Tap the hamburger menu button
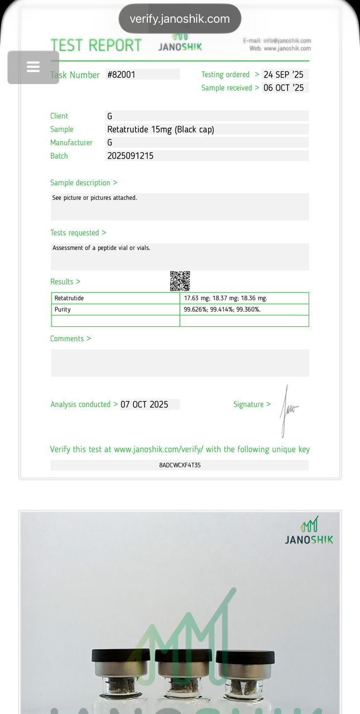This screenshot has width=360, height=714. [x=33, y=67]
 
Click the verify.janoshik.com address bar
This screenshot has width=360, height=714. [x=180, y=19]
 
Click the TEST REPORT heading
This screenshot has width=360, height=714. [x=96, y=45]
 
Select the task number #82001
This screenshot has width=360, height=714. [x=121, y=75]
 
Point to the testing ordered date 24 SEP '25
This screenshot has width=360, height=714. [x=284, y=75]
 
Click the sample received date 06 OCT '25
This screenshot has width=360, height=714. [x=284, y=88]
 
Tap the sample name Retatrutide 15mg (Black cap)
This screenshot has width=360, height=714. [x=161, y=129]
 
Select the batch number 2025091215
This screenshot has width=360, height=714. [x=130, y=156]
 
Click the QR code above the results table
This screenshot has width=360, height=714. [x=180, y=281]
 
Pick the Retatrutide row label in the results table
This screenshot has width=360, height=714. [x=69, y=298]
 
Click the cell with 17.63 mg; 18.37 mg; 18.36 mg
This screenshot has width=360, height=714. [x=225, y=298]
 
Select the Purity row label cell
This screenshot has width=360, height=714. [x=63, y=310]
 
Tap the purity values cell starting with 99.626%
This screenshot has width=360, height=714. [x=222, y=310]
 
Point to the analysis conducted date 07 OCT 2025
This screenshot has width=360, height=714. [x=144, y=404]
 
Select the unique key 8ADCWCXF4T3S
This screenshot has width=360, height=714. [x=180, y=465]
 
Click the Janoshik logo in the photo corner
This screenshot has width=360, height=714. [x=309, y=530]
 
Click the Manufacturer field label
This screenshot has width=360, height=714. [x=71, y=143]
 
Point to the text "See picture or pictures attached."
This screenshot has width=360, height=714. [x=94, y=198]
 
